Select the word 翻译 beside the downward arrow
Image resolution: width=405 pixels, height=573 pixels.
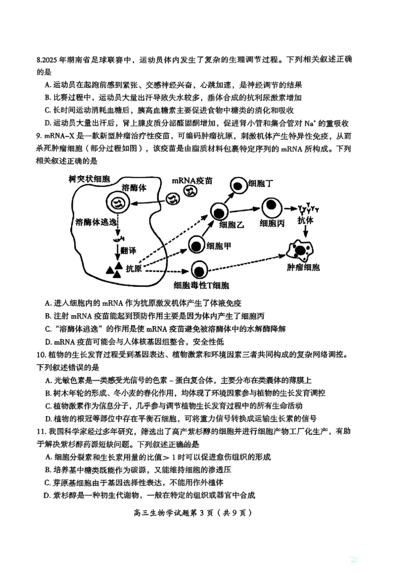(x=129, y=251)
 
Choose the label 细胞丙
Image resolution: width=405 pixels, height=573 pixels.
(x=273, y=223)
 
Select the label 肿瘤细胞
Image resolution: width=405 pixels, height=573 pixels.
(x=303, y=267)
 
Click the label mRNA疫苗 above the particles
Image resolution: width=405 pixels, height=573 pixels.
(x=192, y=180)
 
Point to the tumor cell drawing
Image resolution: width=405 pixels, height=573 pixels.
(x=302, y=249)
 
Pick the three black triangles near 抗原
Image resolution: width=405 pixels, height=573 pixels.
(x=114, y=270)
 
